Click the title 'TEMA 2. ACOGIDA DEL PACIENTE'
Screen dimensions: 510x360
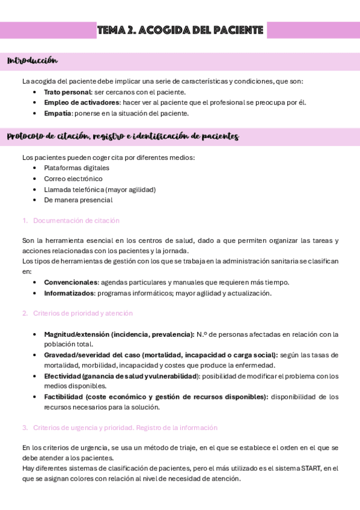(x=181, y=30)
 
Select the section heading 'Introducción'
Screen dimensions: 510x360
(x=32, y=61)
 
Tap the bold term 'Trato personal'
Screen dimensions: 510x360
(x=67, y=92)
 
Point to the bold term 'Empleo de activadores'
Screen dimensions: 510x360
(x=81, y=102)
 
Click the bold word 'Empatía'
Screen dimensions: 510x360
(x=58, y=113)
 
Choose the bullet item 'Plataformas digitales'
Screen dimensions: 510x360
(x=76, y=168)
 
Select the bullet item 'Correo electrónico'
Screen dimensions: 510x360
(x=73, y=179)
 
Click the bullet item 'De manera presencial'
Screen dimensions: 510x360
(x=78, y=200)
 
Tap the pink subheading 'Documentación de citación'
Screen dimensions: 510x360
(x=76, y=221)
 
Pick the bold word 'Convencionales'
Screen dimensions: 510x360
(x=70, y=282)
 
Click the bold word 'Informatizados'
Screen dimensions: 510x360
(x=69, y=293)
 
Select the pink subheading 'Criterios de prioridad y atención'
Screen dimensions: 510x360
(x=82, y=313)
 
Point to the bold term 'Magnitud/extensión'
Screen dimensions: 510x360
(x=77, y=334)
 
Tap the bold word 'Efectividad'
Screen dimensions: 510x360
(x=63, y=376)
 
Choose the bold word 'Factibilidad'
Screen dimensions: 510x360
(x=64, y=397)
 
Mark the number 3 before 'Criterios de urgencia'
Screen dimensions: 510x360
(x=25, y=428)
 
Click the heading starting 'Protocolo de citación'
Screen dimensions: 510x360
(x=123, y=137)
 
